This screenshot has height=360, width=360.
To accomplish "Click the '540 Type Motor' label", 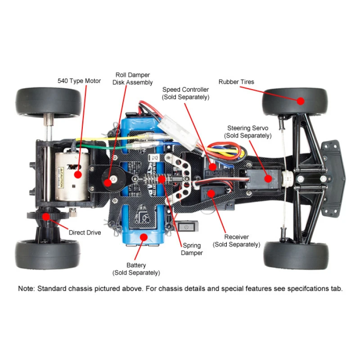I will (x=79, y=81).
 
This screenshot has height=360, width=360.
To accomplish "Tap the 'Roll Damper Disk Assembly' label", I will (x=132, y=79).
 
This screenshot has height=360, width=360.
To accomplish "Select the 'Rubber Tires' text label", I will (x=236, y=82).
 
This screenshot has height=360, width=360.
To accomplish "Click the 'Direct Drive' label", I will (x=85, y=233).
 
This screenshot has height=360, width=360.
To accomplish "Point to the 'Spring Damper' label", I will (x=192, y=249).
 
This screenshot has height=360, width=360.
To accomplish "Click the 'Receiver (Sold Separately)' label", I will (x=236, y=241).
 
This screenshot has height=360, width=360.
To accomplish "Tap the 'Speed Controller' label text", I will (x=185, y=90).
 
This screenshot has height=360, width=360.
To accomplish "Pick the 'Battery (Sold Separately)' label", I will (x=136, y=269).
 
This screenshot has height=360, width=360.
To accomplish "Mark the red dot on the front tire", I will (x=299, y=101).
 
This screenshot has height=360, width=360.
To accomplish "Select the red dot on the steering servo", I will (x=268, y=178).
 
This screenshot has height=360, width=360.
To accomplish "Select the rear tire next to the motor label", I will (x=47, y=101).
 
